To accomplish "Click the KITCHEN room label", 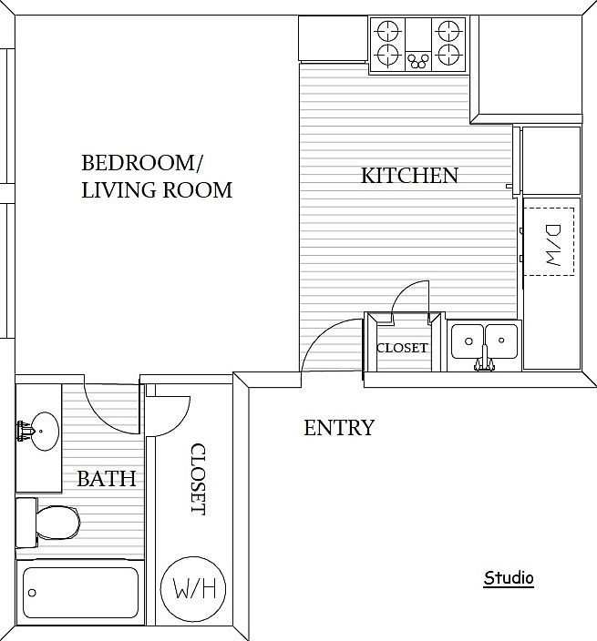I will tap(409, 175).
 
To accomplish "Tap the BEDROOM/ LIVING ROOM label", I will tap(156, 177).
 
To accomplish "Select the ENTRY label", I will tap(338, 427).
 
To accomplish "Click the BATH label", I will tap(107, 478).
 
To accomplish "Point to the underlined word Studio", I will tap(509, 577).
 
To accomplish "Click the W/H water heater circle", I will tap(192, 588).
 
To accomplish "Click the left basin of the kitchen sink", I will tap(468, 341).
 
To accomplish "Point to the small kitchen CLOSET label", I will tap(401, 348).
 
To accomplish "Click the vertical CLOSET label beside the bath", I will tap(197, 479).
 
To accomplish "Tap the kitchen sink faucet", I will tap(484, 363).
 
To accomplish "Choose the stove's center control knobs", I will tap(418, 61).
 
